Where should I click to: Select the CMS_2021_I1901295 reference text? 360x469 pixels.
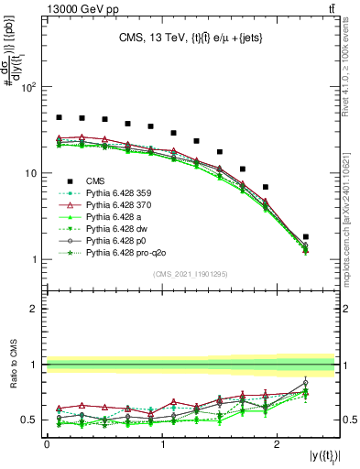(x=189, y=275)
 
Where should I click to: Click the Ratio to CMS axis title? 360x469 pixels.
(x=14, y=365)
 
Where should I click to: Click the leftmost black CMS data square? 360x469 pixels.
(x=59, y=117)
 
